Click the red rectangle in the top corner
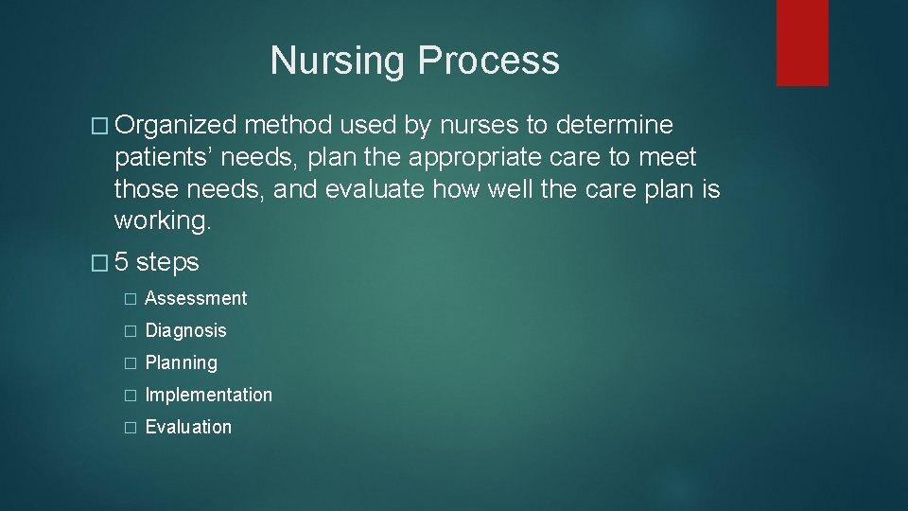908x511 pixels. point(802,43)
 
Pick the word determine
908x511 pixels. point(616,125)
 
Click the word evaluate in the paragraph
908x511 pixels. point(378,189)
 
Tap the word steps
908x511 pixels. point(167,261)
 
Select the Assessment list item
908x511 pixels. point(196,299)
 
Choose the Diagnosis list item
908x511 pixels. point(185,331)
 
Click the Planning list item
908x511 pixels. point(181,363)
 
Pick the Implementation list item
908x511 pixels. point(208,396)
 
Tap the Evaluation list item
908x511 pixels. point(188,428)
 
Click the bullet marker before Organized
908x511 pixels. point(104,126)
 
